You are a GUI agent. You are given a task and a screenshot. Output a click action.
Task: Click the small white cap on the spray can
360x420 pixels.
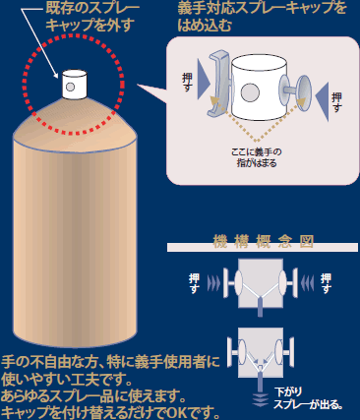pos(75,84)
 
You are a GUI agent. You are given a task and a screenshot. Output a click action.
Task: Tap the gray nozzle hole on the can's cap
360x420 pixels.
pos(70,87)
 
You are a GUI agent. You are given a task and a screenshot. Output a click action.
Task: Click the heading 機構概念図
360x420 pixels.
pos(263,242)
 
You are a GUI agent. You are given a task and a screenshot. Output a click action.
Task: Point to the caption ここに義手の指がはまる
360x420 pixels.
pos(257,157)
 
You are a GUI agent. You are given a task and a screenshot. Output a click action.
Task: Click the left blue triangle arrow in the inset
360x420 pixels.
pos(204,79)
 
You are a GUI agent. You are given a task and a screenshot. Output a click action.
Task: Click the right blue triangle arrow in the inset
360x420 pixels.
pos(322,101)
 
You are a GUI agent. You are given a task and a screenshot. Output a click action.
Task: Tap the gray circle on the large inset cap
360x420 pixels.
pos(250,92)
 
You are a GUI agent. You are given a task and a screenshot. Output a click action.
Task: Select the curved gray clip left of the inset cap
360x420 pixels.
pos(218,84)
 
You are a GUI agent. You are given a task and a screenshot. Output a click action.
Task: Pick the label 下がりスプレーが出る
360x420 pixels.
pos(308,398)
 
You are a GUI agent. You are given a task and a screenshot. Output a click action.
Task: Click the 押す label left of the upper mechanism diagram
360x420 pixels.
pos(194,283)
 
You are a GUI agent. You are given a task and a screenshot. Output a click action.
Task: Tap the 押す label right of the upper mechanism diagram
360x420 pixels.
pos(326,283)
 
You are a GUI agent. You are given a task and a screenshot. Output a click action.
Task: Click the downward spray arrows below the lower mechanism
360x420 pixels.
pos(261,400)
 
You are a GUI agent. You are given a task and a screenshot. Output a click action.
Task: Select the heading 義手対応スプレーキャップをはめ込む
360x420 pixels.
pos(262,16)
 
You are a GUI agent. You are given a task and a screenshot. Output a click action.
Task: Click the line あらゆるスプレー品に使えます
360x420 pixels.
pos(93,396)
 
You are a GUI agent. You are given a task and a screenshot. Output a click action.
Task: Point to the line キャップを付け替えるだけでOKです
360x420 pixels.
pos(110,412)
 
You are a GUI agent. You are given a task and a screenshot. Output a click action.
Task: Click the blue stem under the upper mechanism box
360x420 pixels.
pos(261,306)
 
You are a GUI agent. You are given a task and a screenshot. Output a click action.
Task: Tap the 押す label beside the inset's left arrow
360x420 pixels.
pos(187,82)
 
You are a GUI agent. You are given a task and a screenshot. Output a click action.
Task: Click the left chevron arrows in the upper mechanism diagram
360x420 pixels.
pos(213,283)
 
